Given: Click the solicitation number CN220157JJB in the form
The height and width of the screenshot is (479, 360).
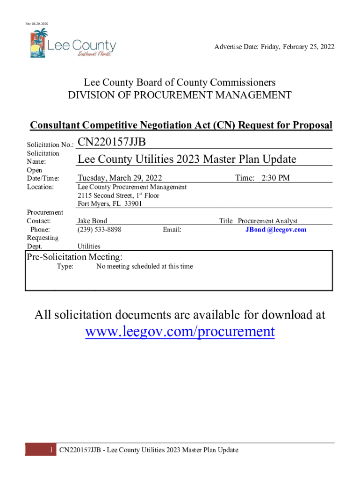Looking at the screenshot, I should coord(112,142).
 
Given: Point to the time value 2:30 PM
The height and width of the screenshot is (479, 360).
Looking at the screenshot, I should coord(275,178).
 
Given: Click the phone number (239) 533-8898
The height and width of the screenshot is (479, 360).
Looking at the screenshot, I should coord(100,230).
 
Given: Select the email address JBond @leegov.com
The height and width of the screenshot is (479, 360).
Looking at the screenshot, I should coord(276,230).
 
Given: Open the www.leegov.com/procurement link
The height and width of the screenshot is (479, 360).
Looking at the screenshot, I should coord(180,332).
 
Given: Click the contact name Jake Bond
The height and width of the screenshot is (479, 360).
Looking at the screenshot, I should coord(92,221).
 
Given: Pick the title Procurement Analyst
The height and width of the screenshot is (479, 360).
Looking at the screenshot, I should coord(267,221).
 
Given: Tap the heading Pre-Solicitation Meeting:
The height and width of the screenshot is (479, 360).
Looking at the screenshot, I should coord(74,257).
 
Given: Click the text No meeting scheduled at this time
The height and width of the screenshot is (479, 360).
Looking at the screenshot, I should coord(144,267).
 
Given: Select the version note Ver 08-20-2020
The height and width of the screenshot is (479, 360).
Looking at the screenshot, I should coord(37,24).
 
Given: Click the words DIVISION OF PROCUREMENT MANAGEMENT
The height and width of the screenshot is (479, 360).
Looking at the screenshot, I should coord(180,96).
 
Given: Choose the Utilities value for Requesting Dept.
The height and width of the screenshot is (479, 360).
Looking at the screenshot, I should coord(89,247).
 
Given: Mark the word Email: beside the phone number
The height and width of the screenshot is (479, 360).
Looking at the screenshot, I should coord(172,230).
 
